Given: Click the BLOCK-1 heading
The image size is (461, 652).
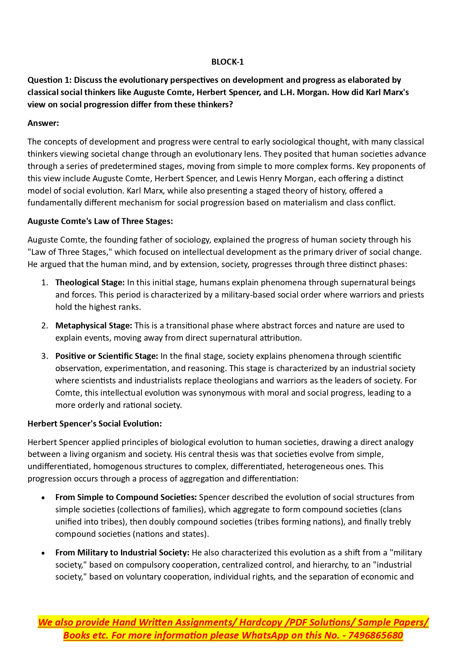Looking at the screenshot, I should coord(227,62).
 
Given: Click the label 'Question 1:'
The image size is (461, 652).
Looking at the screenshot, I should coord(50,80).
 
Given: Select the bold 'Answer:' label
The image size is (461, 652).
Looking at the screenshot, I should coord(43,123).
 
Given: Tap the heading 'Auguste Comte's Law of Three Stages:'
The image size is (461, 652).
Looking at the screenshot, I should coord(100,221).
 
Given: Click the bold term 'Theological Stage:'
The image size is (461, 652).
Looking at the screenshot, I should coord(90,283).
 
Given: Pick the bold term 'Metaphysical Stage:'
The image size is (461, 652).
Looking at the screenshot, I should coord(94,326).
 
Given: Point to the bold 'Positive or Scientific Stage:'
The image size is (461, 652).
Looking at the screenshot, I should coord(107,356).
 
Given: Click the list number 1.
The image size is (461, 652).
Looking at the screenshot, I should coord(45,283).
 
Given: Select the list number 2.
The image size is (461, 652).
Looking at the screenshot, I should coord(45,326).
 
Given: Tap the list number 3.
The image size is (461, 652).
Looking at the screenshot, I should coord(45,356).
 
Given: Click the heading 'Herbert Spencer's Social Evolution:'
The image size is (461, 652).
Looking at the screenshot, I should coord(94,424).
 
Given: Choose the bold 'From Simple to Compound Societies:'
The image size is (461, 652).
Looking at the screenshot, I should coord(126,497).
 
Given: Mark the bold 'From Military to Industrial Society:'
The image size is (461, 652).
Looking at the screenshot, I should coord(122,553).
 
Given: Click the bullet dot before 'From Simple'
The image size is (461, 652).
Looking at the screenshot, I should coord(44,498).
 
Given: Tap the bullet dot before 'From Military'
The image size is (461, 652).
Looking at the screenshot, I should coord(44,553).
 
